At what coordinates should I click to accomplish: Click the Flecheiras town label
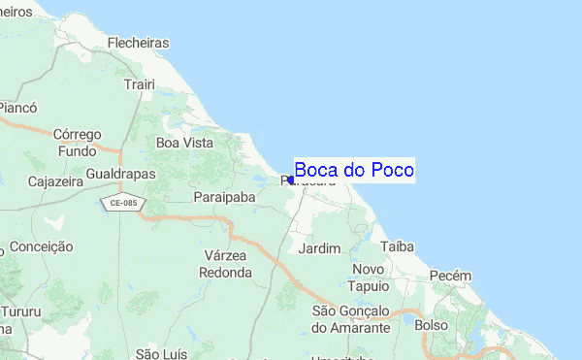(x=139, y=43)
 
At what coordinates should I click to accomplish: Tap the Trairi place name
(x=140, y=84)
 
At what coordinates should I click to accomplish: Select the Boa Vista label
(x=184, y=143)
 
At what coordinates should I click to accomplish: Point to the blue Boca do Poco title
(x=354, y=171)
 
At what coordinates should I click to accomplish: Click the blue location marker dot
(x=290, y=180)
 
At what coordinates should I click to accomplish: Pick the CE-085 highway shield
(x=122, y=203)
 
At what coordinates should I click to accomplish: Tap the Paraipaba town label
(x=224, y=197)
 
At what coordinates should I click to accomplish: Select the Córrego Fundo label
(x=78, y=143)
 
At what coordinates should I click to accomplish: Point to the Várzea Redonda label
(x=224, y=264)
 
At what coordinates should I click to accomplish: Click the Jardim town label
(x=320, y=248)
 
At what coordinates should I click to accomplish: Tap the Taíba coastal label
(x=398, y=246)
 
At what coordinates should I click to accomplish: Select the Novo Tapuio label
(x=370, y=278)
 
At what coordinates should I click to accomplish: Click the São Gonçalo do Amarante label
(x=350, y=319)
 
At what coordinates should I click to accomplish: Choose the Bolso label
(x=431, y=325)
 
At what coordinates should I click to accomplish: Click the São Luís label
(x=160, y=353)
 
